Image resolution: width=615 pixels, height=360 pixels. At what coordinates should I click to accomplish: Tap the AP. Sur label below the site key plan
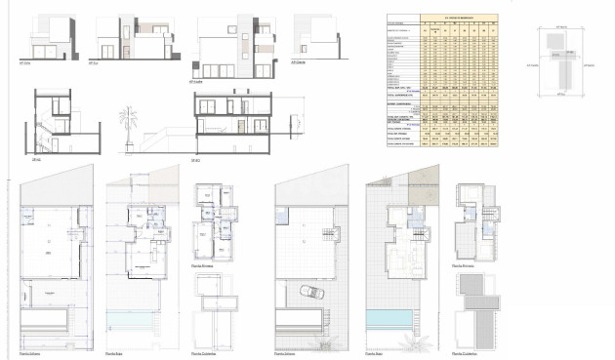tap(557, 95)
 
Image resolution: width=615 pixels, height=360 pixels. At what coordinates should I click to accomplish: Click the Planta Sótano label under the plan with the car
tap(290, 353)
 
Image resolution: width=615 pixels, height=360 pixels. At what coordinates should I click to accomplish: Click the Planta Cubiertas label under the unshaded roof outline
tap(207, 353)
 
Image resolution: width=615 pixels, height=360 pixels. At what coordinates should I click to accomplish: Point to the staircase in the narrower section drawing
tap(47, 131)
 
